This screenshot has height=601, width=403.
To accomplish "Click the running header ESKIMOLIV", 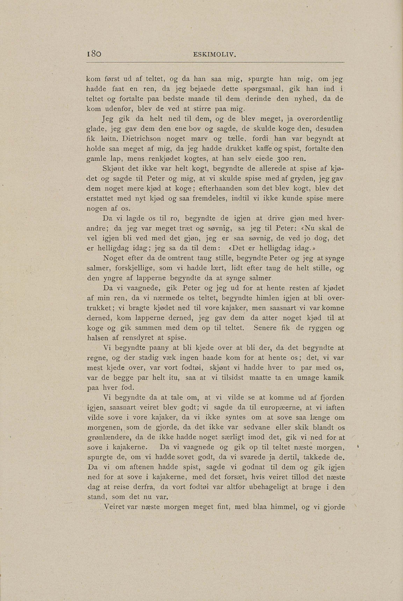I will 214,55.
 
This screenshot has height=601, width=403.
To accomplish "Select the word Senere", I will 265,328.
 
